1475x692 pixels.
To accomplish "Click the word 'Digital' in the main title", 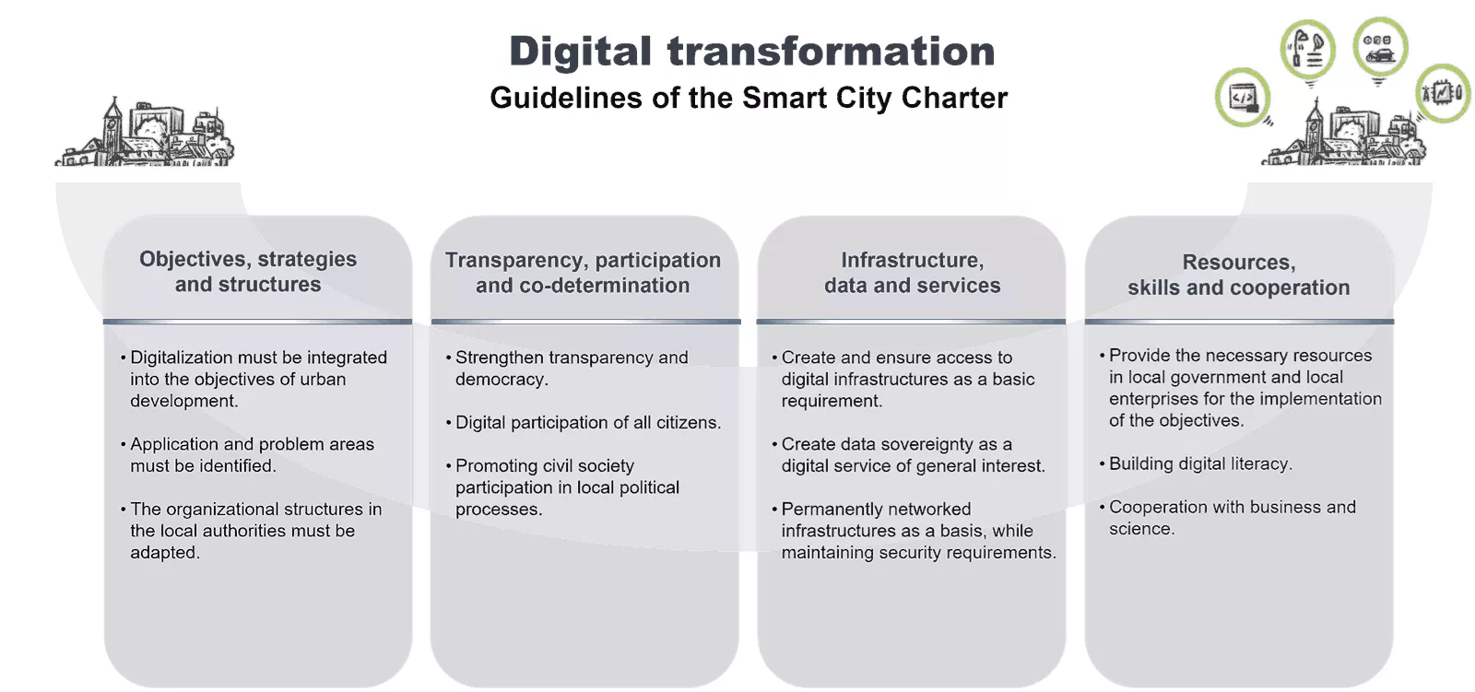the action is (580, 53).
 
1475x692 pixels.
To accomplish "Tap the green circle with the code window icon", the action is (1243, 98).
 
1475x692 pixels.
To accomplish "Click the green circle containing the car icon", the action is (1380, 46).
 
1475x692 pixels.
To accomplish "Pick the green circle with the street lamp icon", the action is (1308, 50).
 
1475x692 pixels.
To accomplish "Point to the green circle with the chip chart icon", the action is (1443, 93).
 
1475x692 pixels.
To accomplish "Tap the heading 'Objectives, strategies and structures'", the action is (248, 271).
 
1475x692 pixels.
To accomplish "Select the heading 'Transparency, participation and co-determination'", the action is (583, 273).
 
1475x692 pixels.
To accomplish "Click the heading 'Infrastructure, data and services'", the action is (912, 273).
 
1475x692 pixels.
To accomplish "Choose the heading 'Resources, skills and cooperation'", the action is (1239, 275).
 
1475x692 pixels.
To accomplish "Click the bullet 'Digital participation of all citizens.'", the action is (584, 422).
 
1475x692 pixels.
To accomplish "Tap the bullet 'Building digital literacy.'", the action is (1196, 463).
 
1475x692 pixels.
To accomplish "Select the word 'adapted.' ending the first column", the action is (165, 553).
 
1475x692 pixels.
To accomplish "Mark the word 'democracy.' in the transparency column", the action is (501, 380).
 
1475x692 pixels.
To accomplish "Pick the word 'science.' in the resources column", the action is (1142, 529).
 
